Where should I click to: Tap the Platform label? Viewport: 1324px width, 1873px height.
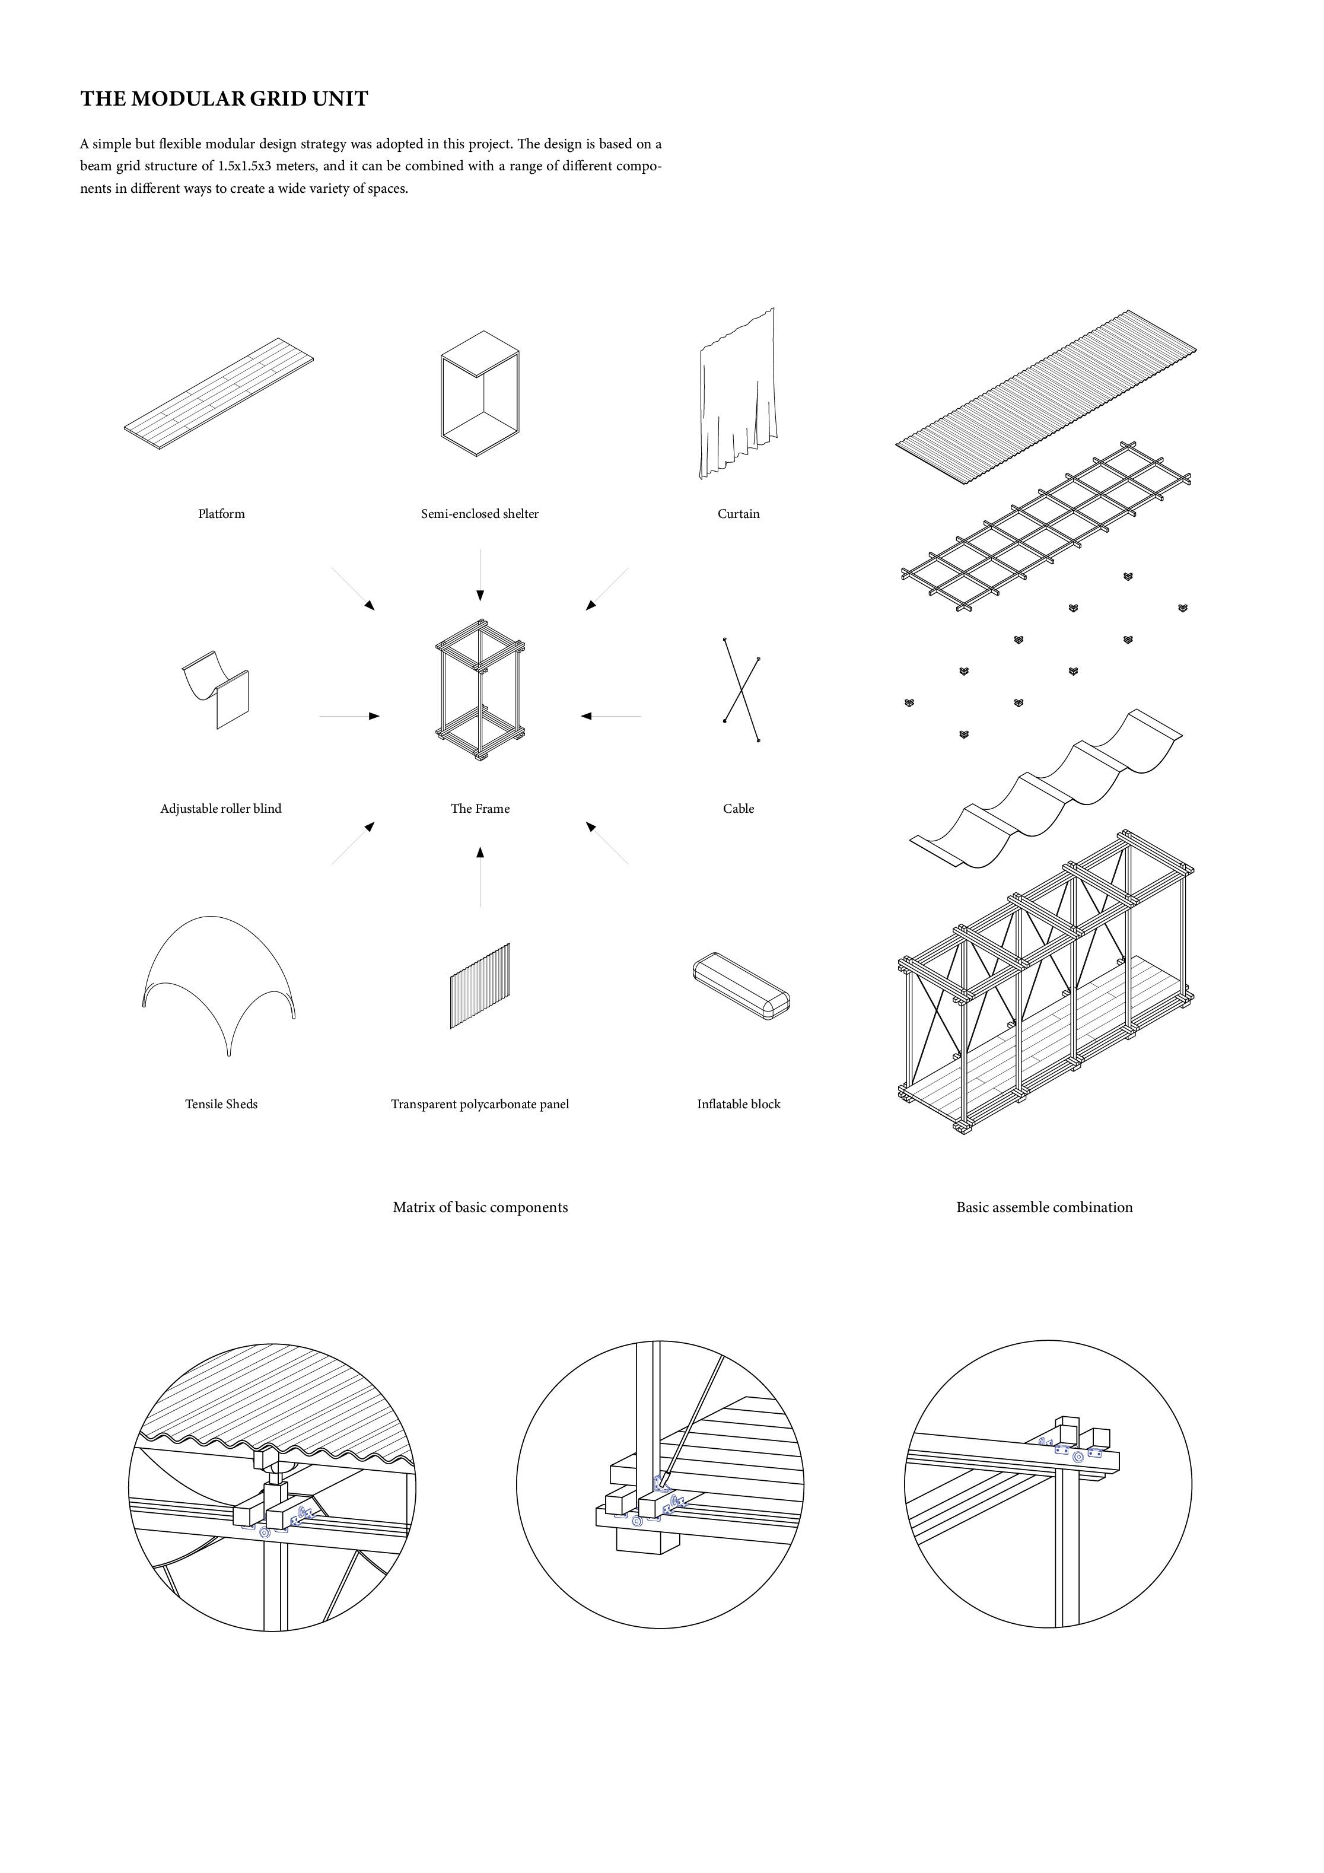[221, 513]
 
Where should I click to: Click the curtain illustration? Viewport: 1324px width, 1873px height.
[737, 396]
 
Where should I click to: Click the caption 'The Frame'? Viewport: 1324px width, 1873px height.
[480, 809]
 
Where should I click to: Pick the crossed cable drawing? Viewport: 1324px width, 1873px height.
[741, 689]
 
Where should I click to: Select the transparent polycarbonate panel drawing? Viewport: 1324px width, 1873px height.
[480, 985]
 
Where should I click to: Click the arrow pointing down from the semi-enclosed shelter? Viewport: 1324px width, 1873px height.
[480, 575]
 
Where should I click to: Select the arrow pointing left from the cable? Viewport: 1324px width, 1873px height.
[610, 716]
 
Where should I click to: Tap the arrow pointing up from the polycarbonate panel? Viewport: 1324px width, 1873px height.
[480, 876]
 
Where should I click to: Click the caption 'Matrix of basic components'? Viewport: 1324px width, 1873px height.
[480, 1207]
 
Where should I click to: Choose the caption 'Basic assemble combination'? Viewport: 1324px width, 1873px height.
[1044, 1207]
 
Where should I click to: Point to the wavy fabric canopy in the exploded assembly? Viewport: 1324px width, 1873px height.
[1046, 788]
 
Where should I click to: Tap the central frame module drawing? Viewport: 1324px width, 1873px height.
[480, 690]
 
